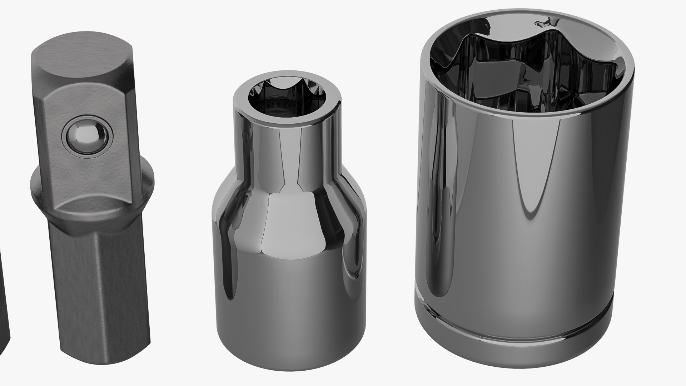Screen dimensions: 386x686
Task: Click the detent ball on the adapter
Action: point(87,136)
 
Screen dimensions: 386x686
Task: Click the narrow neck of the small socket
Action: point(286,150)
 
